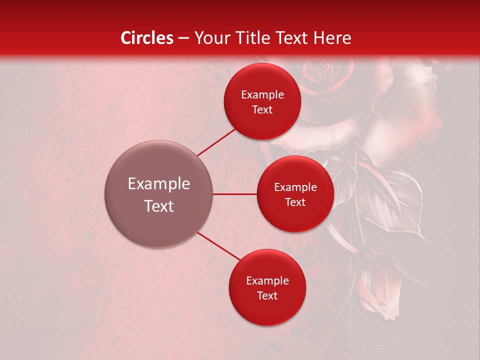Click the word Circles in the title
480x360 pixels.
pyautogui.click(x=146, y=38)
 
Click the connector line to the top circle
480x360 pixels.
pyautogui.click(x=216, y=142)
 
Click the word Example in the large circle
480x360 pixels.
pyautogui.click(x=158, y=184)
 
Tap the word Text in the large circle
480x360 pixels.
pyautogui.click(x=158, y=206)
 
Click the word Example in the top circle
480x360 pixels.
pyautogui.click(x=262, y=95)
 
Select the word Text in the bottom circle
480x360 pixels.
pyautogui.click(x=267, y=295)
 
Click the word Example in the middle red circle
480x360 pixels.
pyautogui.click(x=295, y=187)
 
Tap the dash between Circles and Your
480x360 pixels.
pyautogui.click(x=183, y=38)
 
